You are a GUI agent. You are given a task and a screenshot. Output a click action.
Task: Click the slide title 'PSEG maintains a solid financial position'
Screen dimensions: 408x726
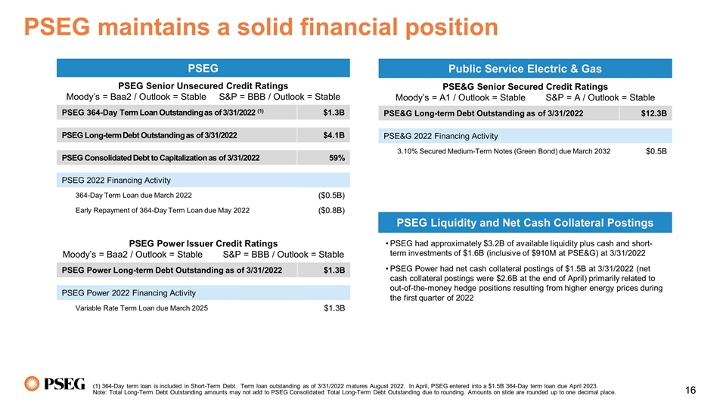point(261,28)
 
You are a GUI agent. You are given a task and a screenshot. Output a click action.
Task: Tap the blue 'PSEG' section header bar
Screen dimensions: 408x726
point(203,68)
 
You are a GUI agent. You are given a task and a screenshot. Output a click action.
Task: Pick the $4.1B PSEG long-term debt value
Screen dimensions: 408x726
point(334,136)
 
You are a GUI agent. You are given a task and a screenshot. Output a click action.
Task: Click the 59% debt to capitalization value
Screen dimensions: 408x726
point(337,158)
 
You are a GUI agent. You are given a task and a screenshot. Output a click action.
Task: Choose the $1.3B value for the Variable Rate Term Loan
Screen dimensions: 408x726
point(334,308)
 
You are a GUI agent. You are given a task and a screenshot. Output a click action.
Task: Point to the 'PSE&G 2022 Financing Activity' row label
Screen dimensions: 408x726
point(441,136)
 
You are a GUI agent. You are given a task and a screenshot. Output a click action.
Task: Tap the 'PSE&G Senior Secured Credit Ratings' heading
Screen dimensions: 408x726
point(525,87)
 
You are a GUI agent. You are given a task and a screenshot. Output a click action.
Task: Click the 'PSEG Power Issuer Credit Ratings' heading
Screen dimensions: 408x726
point(203,243)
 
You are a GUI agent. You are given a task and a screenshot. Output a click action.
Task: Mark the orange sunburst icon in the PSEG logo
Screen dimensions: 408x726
point(33,384)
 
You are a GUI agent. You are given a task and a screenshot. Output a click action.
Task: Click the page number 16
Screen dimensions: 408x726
point(690,390)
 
